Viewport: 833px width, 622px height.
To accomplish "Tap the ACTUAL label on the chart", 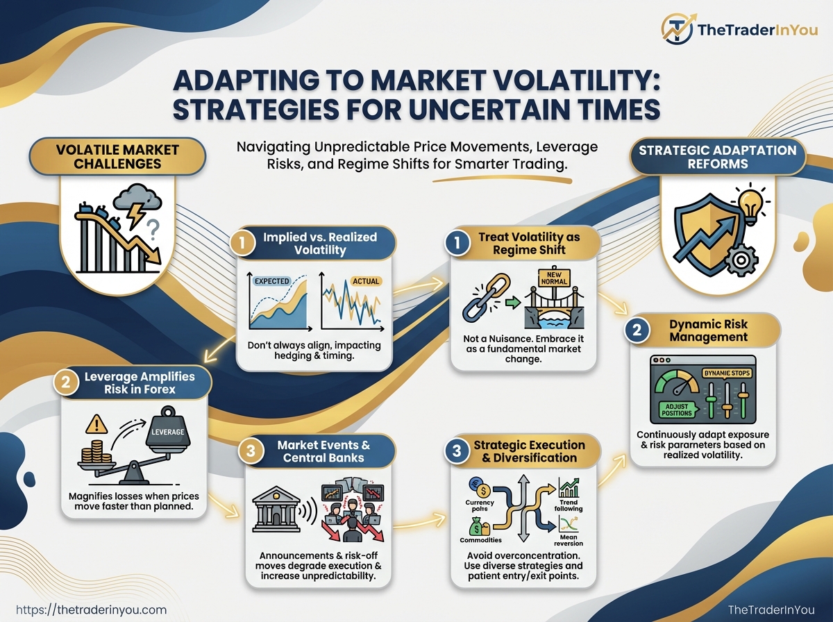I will [x=365, y=281].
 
